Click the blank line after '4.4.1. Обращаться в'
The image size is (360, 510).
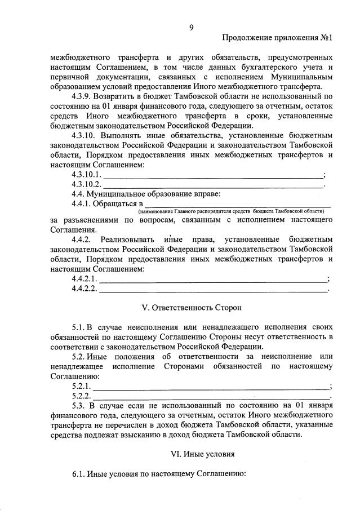(x=237, y=204)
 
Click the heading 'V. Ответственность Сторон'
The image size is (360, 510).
(x=191, y=308)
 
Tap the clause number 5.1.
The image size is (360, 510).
(x=78, y=327)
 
